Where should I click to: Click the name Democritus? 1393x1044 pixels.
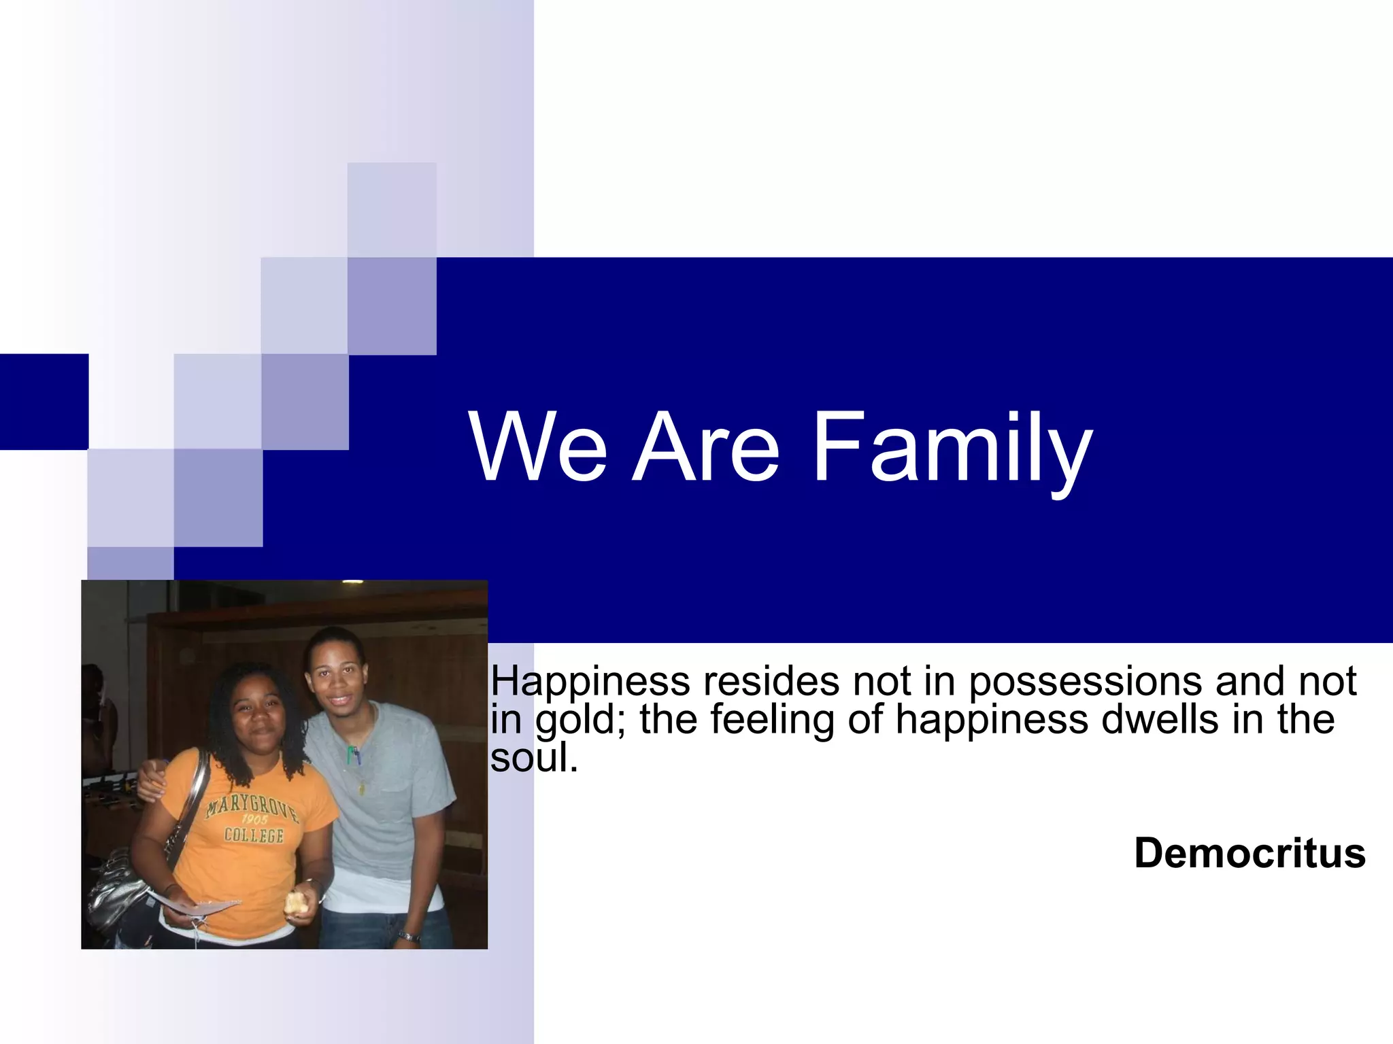[x=1249, y=853]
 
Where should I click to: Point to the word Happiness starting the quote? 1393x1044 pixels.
[x=590, y=682]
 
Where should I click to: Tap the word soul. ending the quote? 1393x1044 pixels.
[x=534, y=758]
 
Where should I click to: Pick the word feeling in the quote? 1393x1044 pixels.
[x=772, y=720]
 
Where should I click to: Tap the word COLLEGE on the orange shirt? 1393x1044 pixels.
[x=254, y=835]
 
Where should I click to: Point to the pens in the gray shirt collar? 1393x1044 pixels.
[x=354, y=754]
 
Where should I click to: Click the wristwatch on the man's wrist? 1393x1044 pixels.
[x=408, y=937]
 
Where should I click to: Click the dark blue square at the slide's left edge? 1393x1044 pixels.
[x=44, y=401]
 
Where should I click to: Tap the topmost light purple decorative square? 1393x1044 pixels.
[x=392, y=209]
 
